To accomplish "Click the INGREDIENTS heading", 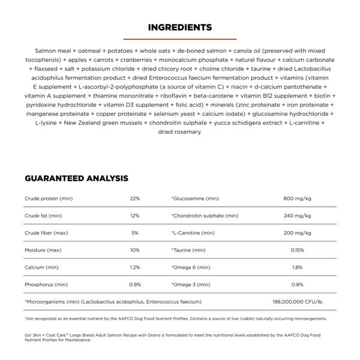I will click(x=179, y=27).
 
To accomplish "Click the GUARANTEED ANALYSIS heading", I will click(x=76, y=178).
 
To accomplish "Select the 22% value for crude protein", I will click(x=134, y=198).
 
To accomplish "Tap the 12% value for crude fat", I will click(x=134, y=215).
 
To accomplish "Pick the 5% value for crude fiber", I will click(x=134, y=232).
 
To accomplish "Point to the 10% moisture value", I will click(x=134, y=250).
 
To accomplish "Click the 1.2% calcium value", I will click(x=134, y=267).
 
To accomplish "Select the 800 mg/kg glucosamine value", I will click(x=297, y=198).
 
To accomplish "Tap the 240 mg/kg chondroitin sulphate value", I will click(x=297, y=215).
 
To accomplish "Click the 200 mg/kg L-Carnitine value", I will click(x=297, y=232).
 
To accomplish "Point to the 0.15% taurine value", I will click(x=297, y=250).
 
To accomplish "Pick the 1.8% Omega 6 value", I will click(x=297, y=267).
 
